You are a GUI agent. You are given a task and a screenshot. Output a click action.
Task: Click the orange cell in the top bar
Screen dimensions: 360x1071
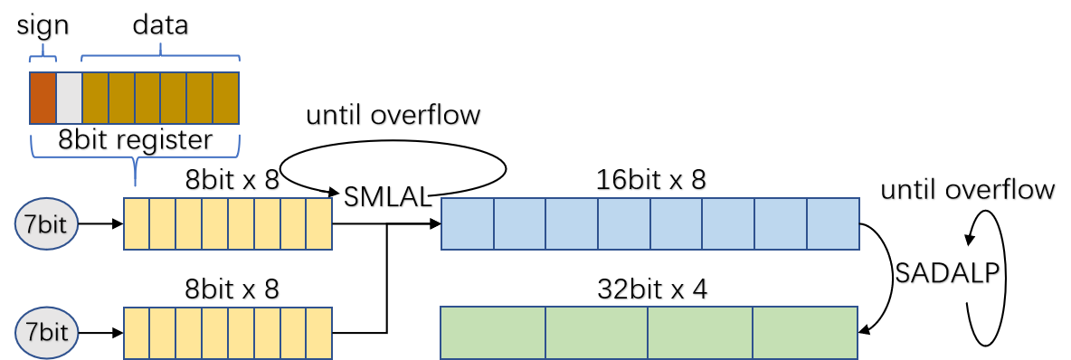[x=43, y=98]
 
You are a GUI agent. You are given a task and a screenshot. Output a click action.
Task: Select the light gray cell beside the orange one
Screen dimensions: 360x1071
[x=69, y=98]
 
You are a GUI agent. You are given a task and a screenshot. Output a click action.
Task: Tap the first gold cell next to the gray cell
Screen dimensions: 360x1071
[x=95, y=98]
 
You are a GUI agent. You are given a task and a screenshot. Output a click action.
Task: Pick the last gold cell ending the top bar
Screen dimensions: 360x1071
[x=226, y=98]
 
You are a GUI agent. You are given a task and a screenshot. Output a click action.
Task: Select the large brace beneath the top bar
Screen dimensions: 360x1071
[x=136, y=154]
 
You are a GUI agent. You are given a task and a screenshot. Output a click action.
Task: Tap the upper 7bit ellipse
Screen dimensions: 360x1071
[x=46, y=223]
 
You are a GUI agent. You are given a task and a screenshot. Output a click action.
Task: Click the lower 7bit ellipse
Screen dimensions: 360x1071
[x=46, y=332]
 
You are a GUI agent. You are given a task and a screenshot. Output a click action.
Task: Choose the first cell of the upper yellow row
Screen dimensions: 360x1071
[x=137, y=223]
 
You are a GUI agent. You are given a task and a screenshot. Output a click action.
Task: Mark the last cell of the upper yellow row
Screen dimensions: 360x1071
[x=319, y=223]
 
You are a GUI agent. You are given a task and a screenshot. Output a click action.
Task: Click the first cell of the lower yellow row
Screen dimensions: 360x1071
[x=137, y=332]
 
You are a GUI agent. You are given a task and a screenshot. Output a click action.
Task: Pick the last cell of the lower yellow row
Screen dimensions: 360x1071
[x=319, y=332]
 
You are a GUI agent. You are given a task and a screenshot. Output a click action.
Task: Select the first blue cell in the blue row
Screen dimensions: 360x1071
[x=468, y=223]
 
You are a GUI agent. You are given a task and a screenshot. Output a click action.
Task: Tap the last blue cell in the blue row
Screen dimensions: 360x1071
[x=832, y=223]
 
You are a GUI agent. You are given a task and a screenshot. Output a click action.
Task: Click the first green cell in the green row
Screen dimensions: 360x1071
[x=493, y=332]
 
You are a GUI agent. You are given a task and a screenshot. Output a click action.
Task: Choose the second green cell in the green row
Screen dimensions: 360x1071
[x=597, y=332]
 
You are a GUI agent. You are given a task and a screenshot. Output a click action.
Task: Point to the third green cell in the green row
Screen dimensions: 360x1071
[x=700, y=332]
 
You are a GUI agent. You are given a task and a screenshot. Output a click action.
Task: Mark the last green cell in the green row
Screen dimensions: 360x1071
[x=805, y=332]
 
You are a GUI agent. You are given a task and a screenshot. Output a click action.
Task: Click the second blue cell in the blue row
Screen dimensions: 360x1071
[x=520, y=223]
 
